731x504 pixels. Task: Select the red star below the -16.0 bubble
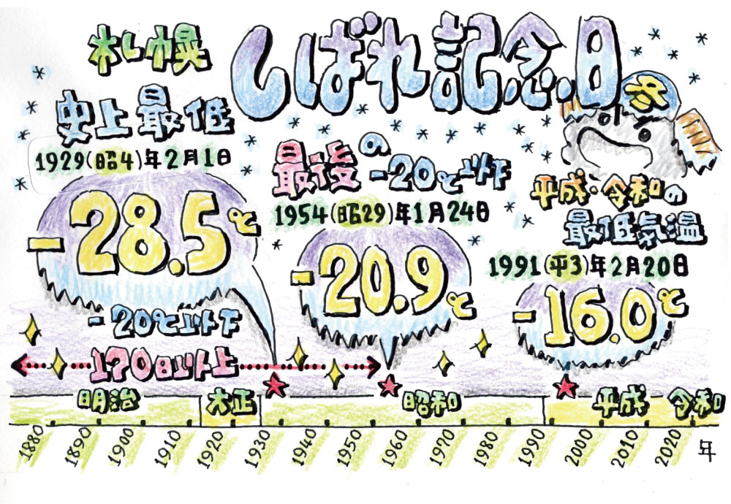564,385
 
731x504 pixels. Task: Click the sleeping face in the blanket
632,135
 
